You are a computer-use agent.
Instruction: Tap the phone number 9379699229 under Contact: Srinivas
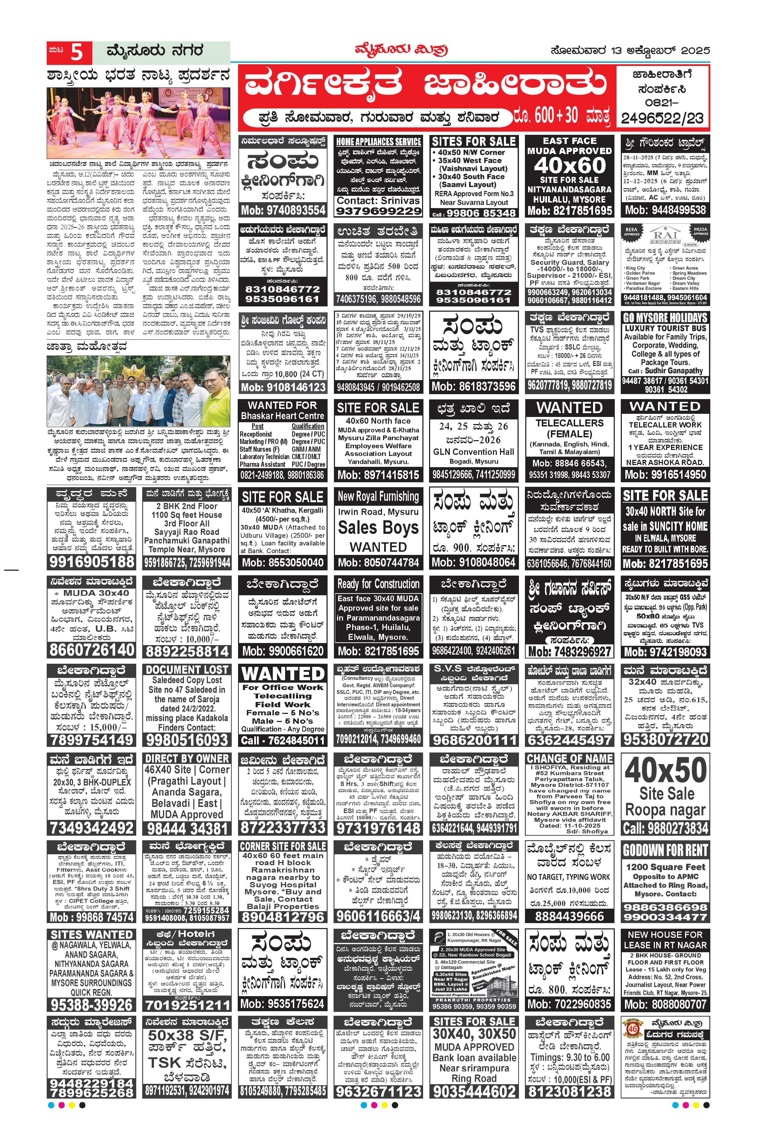pos(378,211)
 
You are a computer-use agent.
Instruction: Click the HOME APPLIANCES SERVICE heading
pos(378,141)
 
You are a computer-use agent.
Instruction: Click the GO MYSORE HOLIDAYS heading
pos(665,318)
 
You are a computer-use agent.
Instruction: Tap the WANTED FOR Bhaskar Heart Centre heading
pos(282,410)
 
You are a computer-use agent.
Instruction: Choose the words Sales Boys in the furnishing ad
pos(378,528)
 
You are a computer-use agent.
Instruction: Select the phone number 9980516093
pos(187,740)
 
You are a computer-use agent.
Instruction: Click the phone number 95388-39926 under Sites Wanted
pos(91,1005)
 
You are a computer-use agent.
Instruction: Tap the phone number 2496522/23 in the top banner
pos(662,118)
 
